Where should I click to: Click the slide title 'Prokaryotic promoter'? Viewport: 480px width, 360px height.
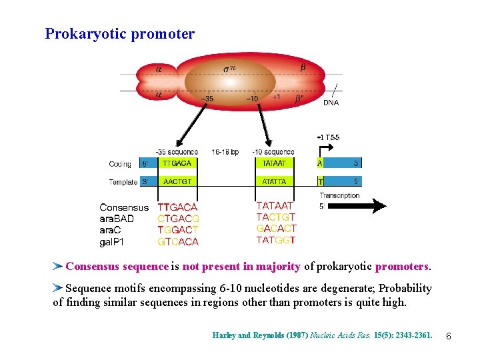(x=120, y=33)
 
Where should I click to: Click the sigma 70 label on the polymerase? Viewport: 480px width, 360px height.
(x=229, y=69)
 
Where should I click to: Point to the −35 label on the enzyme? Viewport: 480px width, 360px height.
(x=207, y=99)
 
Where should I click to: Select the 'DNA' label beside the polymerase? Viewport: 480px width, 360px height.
(x=331, y=103)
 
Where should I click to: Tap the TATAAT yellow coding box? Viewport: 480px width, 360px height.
(x=274, y=163)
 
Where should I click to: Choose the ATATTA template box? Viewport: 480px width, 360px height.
(x=274, y=181)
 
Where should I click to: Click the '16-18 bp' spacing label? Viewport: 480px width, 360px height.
(x=225, y=152)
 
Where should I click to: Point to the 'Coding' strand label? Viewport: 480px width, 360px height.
(x=120, y=163)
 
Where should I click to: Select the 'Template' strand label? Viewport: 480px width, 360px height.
(x=123, y=181)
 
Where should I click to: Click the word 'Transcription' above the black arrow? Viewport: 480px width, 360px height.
(x=339, y=195)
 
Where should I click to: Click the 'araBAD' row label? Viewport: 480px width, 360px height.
(x=117, y=219)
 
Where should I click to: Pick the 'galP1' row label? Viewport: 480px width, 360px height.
(x=112, y=241)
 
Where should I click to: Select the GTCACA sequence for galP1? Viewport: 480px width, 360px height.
(x=178, y=241)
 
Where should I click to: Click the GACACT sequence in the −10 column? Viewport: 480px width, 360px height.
(x=276, y=229)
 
